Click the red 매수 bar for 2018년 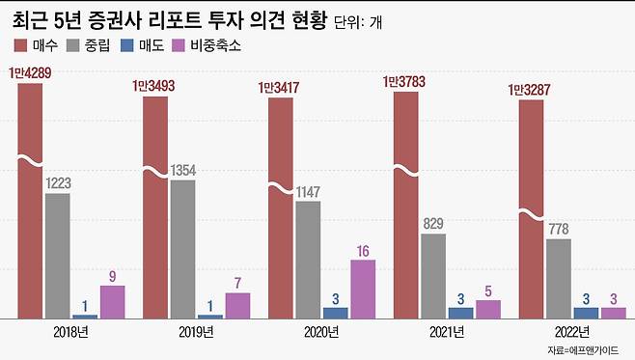(30, 203)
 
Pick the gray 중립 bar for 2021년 (433, 275)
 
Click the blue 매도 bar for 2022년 (586, 313)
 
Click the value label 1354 (182, 170)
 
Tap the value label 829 (433, 224)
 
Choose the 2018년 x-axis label (71, 333)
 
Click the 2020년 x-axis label (321, 333)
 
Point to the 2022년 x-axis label (571, 333)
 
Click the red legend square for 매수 (21, 45)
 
